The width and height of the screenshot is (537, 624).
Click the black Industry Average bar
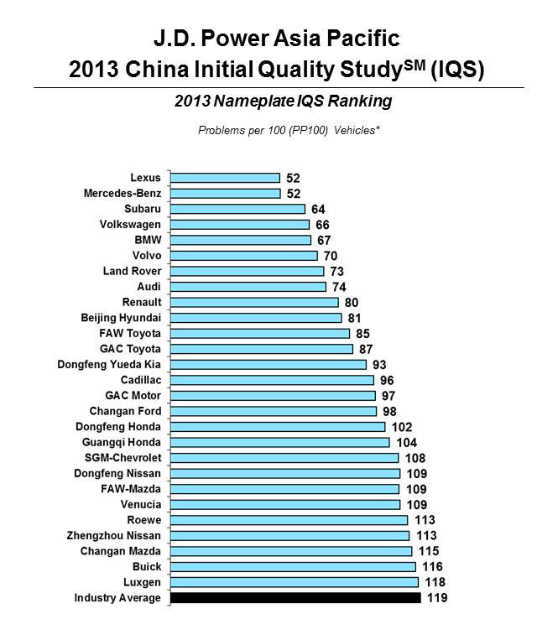(x=295, y=598)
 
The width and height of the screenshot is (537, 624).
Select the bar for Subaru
(x=237, y=209)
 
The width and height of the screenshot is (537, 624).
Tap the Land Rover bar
(x=247, y=271)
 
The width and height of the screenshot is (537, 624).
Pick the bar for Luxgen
(x=294, y=582)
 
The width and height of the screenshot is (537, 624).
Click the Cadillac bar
(x=272, y=380)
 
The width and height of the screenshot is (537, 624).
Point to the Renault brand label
(x=142, y=302)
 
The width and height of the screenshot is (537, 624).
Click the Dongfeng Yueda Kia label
(x=109, y=364)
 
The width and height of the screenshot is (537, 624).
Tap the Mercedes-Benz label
(x=123, y=194)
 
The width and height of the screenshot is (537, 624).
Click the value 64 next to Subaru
(x=318, y=209)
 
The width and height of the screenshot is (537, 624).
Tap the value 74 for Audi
(x=338, y=287)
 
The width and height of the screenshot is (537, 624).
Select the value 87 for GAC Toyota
(x=365, y=349)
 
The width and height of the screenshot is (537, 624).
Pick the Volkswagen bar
(x=239, y=225)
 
